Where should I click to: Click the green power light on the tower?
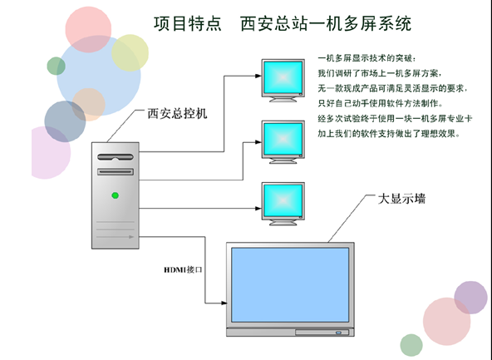[x=116, y=195]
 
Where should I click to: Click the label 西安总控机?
[x=177, y=114]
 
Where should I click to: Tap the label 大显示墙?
[x=401, y=199]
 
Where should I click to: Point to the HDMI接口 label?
[x=183, y=269]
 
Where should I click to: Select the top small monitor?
[x=283, y=81]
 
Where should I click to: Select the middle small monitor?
[x=283, y=142]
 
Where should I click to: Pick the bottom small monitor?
[x=283, y=204]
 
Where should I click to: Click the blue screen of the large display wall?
[x=290, y=284]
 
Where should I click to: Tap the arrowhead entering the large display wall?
[x=224, y=303]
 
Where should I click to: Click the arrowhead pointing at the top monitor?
[x=258, y=76]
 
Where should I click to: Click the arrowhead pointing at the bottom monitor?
[x=258, y=208]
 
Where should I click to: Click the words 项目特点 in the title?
[x=188, y=23]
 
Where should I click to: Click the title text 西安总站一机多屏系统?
[x=326, y=23]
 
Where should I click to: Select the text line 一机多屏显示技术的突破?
[x=367, y=58]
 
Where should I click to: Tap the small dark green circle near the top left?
[x=57, y=66]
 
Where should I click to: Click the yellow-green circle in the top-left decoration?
[x=130, y=52]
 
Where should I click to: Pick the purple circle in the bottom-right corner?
[x=470, y=298]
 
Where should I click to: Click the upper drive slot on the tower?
[x=116, y=156]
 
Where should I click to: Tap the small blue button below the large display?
[x=338, y=333]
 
